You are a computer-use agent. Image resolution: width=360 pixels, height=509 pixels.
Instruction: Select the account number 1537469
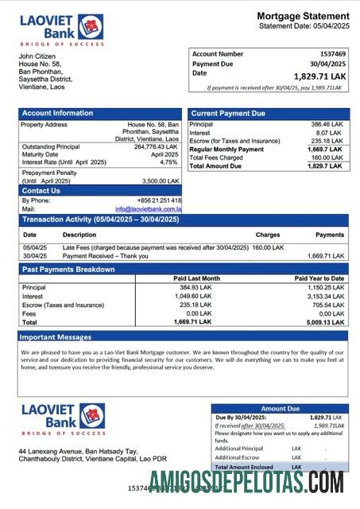pos(330,54)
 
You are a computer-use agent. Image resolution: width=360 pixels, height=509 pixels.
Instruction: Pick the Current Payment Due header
pos(228,113)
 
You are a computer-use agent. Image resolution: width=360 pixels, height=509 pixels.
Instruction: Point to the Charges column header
pos(267,235)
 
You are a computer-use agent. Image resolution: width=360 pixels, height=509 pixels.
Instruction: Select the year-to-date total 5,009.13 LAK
pos(326,322)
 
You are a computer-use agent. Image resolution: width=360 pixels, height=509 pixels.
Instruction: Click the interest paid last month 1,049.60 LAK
pos(194,296)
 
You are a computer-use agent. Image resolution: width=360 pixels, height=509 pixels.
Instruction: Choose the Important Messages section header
pos(56,337)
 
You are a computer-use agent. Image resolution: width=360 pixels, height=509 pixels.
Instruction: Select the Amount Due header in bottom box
pos(280,408)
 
